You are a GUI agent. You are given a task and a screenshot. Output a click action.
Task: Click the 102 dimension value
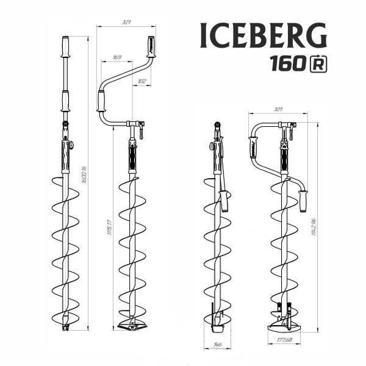(142, 80)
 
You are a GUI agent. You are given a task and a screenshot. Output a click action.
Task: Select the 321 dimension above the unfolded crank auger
(127, 22)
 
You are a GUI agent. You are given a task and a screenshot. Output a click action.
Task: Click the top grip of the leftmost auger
(65, 46)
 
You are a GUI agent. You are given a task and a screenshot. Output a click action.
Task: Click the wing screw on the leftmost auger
(70, 145)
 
